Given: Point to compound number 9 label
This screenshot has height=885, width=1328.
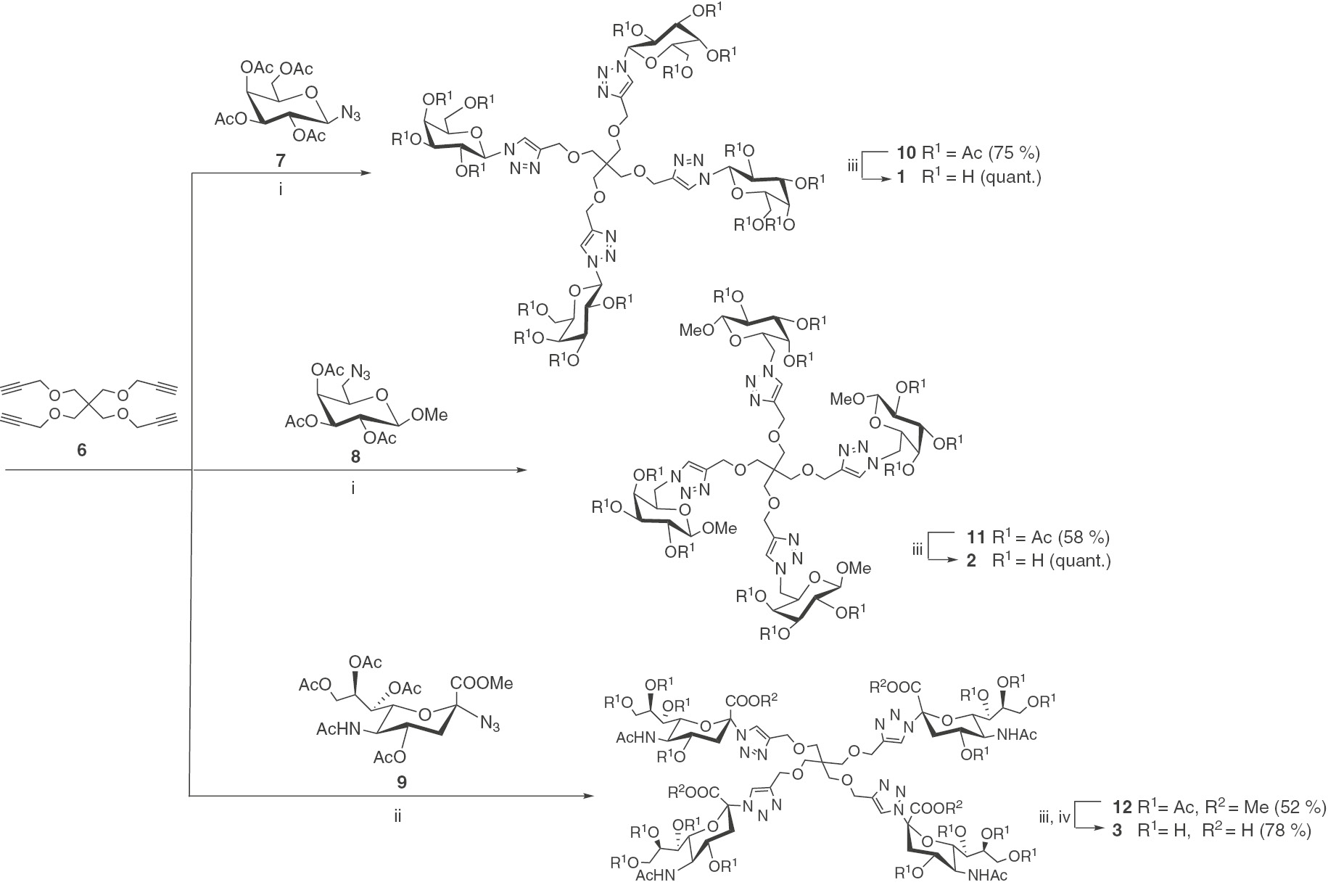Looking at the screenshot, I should pyautogui.click(x=402, y=781).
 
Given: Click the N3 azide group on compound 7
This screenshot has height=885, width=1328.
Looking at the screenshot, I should pyautogui.click(x=351, y=115).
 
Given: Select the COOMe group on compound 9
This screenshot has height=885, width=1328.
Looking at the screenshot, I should pyautogui.click(x=482, y=683).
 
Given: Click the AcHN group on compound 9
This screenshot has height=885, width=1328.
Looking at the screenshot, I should pyautogui.click(x=338, y=728).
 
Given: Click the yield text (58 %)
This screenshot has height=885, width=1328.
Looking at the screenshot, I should pyautogui.click(x=1084, y=538).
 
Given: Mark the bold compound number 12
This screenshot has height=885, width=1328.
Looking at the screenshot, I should pyautogui.click(x=1122, y=807).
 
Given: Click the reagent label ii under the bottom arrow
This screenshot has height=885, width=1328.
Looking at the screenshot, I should pyautogui.click(x=397, y=816).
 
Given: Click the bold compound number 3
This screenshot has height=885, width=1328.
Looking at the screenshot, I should pyautogui.click(x=1118, y=831).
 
